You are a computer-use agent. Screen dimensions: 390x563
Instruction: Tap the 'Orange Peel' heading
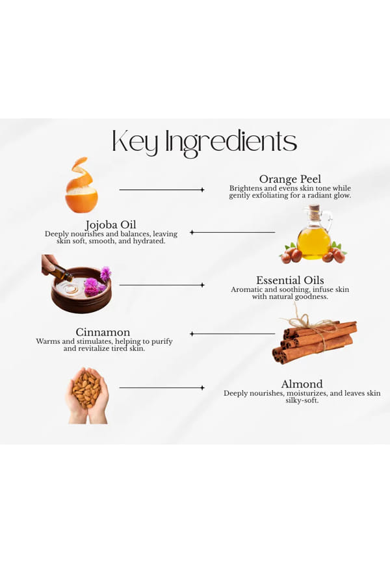(290, 179)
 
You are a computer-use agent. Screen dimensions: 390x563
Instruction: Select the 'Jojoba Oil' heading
(110, 225)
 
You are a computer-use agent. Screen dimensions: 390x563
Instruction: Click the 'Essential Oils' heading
(290, 280)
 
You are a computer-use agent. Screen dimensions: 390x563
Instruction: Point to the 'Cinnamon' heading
(103, 332)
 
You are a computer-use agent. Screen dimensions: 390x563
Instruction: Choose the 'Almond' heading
(302, 384)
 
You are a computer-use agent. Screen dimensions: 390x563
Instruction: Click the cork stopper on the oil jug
(314, 209)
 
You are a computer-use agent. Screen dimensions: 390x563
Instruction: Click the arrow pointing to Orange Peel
(162, 190)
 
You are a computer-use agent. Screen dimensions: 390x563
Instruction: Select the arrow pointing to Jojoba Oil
(232, 232)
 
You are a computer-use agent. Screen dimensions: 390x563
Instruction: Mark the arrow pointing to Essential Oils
(162, 285)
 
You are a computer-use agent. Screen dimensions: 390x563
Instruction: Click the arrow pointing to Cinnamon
(232, 334)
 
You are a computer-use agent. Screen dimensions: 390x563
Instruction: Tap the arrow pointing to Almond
(162, 387)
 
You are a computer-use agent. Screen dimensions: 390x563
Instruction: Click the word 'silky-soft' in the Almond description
(302, 400)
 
